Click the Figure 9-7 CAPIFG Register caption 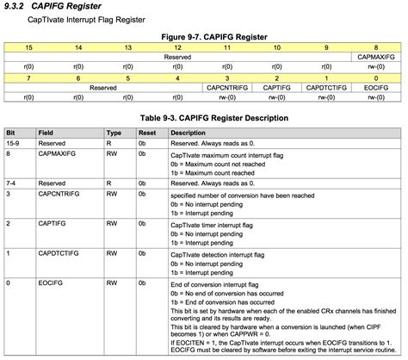click(204, 37)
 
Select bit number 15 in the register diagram click(29, 47)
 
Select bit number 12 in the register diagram click(177, 47)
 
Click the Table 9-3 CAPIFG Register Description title click(204, 118)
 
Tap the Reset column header click(146, 133)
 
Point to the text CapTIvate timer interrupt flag click(215, 224)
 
